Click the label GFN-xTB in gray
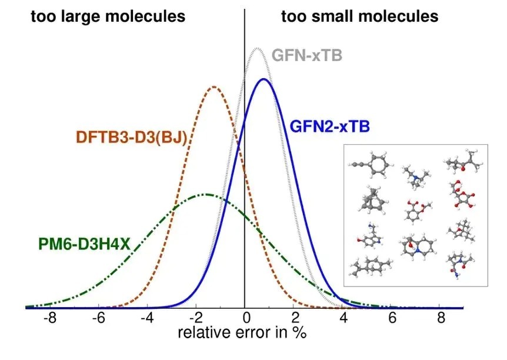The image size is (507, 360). pos(306,56)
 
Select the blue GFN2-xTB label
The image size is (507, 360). pos(329,125)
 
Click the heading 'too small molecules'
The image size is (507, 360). pos(359,16)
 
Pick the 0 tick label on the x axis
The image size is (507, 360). pos(245,319)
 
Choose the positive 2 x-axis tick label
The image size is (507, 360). pos(293,319)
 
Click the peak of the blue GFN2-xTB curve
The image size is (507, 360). pos(263,79)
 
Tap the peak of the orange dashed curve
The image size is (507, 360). pos(214,87)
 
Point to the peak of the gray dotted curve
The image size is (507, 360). pos(256,48)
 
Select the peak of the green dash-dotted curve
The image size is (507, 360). pos(206,194)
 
